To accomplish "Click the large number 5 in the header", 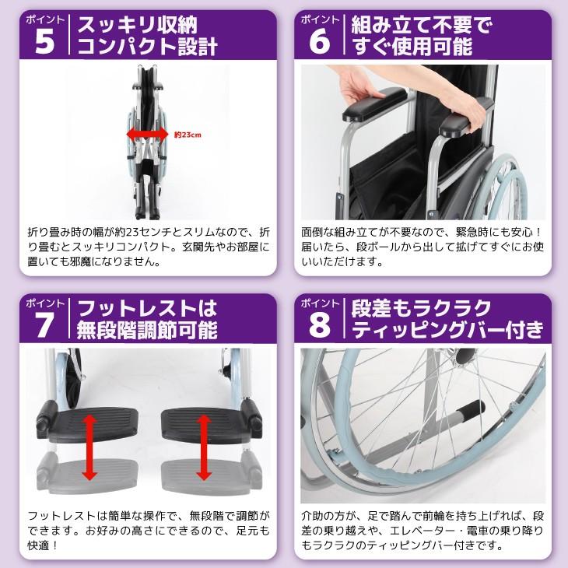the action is click(x=45, y=41).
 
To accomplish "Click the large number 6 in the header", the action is click(x=320, y=41).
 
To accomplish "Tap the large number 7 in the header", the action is click(x=44, y=325).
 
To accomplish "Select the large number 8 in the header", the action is click(x=320, y=325).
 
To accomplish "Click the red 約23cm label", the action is click(x=188, y=135).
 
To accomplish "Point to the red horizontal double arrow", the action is click(x=147, y=135).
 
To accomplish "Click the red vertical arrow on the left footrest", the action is click(x=89, y=447).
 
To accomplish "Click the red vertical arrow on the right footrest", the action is click(x=204, y=447).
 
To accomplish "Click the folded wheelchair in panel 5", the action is click(x=147, y=142).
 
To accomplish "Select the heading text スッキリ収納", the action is click(x=138, y=25).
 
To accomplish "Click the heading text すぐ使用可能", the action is click(x=412, y=46).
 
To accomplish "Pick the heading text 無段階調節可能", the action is click(x=147, y=330).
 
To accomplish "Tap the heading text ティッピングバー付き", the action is click(x=447, y=330).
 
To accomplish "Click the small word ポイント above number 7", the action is click(x=44, y=303).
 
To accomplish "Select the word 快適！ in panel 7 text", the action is click(x=42, y=545).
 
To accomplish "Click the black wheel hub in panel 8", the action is click(x=465, y=356).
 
